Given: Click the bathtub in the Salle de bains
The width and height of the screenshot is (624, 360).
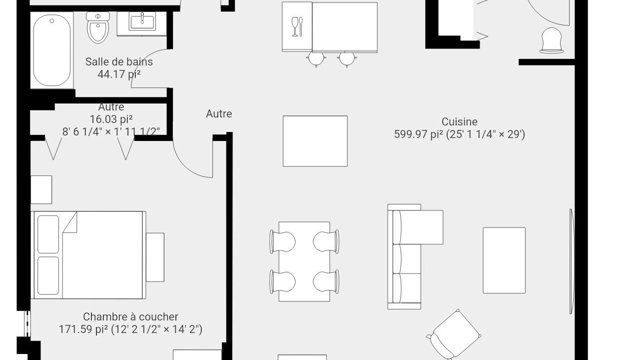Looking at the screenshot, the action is pos(52,50).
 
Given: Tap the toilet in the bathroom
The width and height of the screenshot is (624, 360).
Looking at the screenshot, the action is pos(98,27).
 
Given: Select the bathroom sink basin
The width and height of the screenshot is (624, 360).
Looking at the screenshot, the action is pos(142,23).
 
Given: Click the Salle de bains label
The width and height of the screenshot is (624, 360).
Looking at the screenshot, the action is pos(119,62).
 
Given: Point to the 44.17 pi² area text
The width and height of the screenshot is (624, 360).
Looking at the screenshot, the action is pos(119,74).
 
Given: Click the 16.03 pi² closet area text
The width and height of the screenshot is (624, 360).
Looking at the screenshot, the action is pos(111,119).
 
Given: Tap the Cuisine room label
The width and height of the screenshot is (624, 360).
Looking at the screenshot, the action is pos(459,122).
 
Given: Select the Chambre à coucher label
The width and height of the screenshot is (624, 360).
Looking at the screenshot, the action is pos(130,317).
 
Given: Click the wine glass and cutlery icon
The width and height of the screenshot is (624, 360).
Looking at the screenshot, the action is pos(297,26).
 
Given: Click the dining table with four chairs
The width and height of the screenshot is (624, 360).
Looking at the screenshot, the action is pos(304,261).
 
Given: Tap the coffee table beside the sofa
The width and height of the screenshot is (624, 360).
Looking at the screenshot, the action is pos(504,260).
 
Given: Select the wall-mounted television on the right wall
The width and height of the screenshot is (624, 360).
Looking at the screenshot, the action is pos(572,261).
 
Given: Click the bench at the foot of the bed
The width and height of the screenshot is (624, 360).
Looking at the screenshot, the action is pos(155,257).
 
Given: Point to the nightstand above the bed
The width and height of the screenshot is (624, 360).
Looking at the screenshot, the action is pos(41,189).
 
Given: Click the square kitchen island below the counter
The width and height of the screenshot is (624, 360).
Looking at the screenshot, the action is pos(315,141).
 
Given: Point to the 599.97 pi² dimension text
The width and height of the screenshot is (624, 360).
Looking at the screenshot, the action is pos(459,134).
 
